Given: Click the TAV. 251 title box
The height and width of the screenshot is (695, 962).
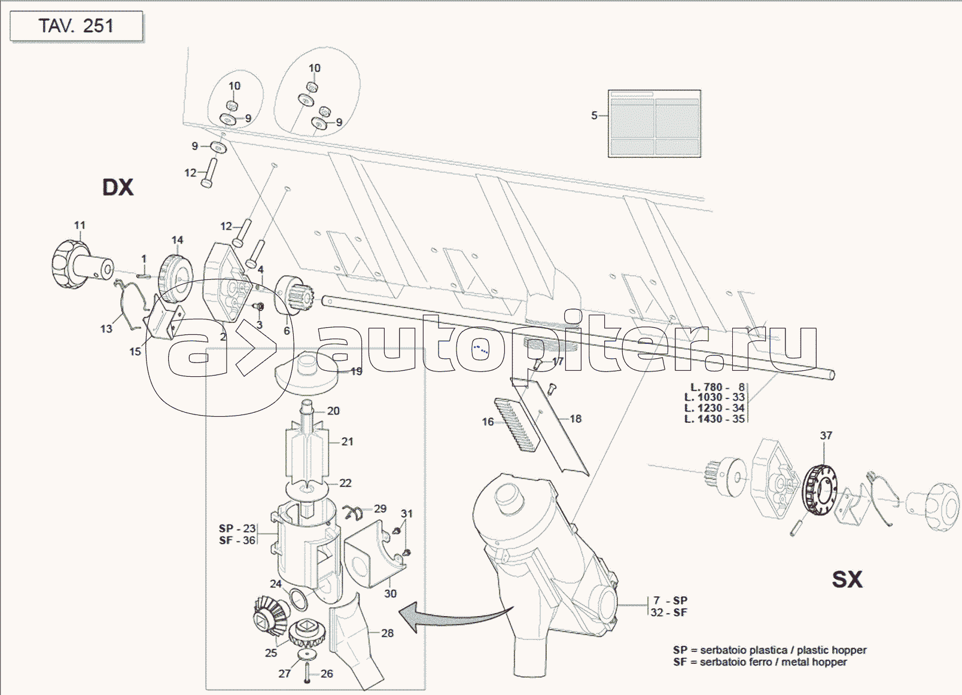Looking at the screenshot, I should click(x=76, y=26).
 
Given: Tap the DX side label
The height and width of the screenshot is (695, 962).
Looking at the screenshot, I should click(x=118, y=187).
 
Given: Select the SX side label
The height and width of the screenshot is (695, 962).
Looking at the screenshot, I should click(x=847, y=579).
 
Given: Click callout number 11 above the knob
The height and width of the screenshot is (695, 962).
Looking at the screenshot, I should click(x=80, y=225).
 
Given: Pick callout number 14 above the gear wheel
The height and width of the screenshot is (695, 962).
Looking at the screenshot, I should click(x=177, y=240).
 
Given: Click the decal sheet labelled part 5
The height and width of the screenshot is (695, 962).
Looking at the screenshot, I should click(x=654, y=124).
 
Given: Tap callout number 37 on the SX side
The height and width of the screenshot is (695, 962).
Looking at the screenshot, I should click(x=826, y=435).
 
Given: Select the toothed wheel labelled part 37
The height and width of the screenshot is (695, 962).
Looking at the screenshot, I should click(x=820, y=489).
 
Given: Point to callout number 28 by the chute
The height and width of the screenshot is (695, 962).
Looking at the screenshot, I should click(x=387, y=633).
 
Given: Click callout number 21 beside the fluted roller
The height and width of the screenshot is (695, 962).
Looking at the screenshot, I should click(x=347, y=441).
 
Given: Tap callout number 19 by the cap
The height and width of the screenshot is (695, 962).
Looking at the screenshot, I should click(x=356, y=371).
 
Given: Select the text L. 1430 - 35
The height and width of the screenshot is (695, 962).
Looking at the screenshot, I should click(x=714, y=419).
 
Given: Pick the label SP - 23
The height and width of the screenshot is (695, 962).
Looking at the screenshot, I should click(x=237, y=529).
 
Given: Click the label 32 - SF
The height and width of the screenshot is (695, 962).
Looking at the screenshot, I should click(x=669, y=612).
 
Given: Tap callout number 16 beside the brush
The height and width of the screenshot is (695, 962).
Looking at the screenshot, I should click(x=488, y=422).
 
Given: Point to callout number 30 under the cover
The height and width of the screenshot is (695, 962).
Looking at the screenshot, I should click(x=390, y=593).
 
